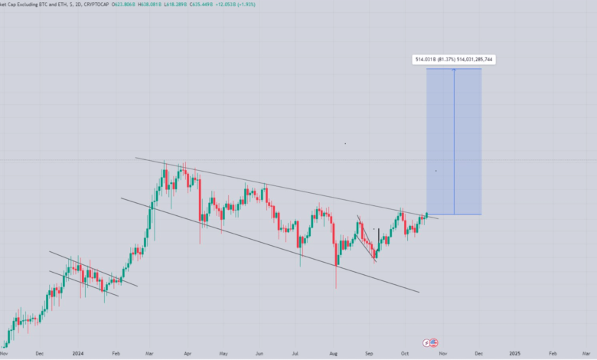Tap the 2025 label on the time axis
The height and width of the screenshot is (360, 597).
pyautogui.click(x=515, y=354)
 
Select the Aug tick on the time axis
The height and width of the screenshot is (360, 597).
pyautogui.click(x=333, y=354)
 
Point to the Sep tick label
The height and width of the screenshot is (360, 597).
pyautogui.click(x=369, y=354)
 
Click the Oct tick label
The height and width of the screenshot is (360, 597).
pyautogui.click(x=406, y=354)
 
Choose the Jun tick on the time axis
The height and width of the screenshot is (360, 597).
pyautogui.click(x=259, y=354)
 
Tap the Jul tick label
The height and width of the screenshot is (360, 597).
pyautogui.click(x=295, y=354)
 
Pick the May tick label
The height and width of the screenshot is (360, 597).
pyautogui.click(x=223, y=354)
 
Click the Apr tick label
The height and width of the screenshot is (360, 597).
pyautogui.click(x=188, y=354)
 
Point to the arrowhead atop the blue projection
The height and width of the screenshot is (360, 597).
pyautogui.click(x=454, y=70)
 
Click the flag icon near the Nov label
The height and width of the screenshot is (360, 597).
pyautogui.click(x=434, y=342)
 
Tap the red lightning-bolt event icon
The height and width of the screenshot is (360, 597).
pyautogui.click(x=427, y=342)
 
